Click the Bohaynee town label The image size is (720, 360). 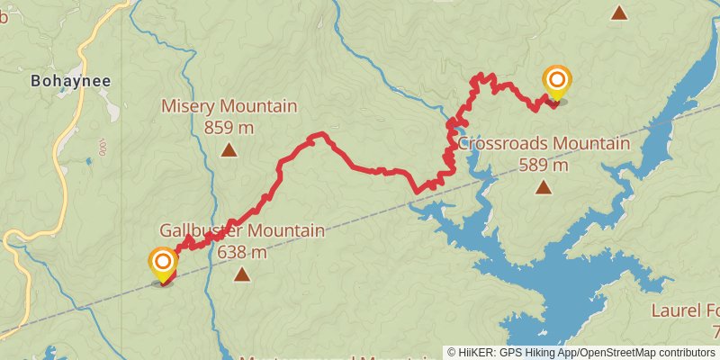pyautogui.click(x=70, y=81)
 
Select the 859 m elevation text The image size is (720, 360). pyautogui.click(x=229, y=128)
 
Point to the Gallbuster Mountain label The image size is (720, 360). pyautogui.click(x=241, y=231)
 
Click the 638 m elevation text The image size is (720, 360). pyautogui.click(x=241, y=252)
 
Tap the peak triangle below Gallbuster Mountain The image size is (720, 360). pyautogui.click(x=241, y=274)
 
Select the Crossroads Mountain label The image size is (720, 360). pyautogui.click(x=543, y=144)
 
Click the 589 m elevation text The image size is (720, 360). pyautogui.click(x=544, y=165)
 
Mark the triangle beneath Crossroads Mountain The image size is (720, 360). pyautogui.click(x=544, y=187)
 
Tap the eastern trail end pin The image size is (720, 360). pyautogui.click(x=557, y=83)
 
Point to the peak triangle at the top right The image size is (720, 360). pyautogui.click(x=619, y=13)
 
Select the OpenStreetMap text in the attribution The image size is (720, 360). pyautogui.click(x=623, y=353)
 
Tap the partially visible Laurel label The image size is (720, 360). pyautogui.click(x=685, y=311)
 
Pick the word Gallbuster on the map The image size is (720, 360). pyautogui.click(x=199, y=231)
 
